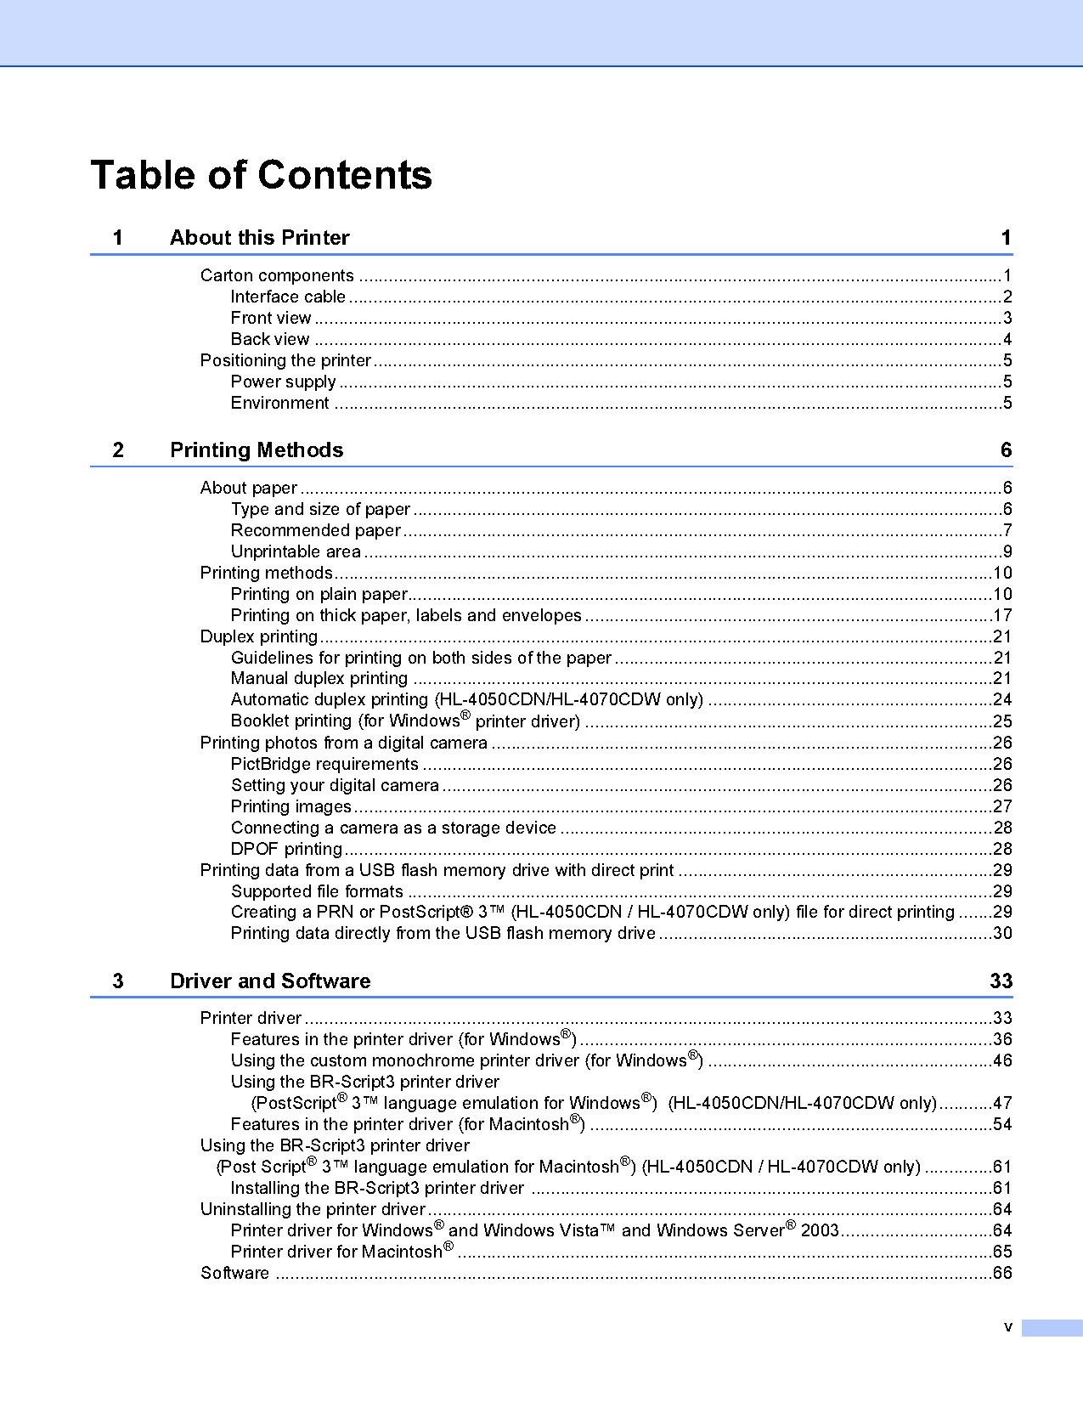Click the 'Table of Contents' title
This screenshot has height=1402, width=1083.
point(261,175)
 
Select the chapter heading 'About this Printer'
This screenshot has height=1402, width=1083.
point(259,238)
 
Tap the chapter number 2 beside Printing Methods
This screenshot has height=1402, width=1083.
point(118,450)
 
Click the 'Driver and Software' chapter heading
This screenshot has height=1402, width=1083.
point(270,981)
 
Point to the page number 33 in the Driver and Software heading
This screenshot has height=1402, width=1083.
point(1001,981)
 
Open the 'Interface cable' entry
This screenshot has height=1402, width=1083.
point(288,297)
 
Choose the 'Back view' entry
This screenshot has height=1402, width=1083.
point(270,339)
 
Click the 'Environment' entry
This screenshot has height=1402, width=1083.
point(279,403)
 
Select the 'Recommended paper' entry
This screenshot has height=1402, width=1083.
point(315,530)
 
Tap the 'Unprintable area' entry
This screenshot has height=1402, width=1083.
point(296,551)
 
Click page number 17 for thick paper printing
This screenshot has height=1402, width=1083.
point(1002,615)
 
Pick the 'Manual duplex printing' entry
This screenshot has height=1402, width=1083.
point(319,678)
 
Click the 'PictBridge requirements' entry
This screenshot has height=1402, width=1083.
point(324,764)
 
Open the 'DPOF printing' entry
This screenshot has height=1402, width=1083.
point(286,849)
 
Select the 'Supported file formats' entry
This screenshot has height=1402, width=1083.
point(317,891)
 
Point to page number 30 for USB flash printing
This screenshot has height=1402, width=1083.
point(1002,933)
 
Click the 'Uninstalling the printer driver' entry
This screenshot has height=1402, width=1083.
point(313,1209)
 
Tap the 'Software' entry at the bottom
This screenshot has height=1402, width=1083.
point(234,1273)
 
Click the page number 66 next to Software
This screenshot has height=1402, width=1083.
point(1002,1273)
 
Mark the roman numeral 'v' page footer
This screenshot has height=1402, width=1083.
point(1008,1327)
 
